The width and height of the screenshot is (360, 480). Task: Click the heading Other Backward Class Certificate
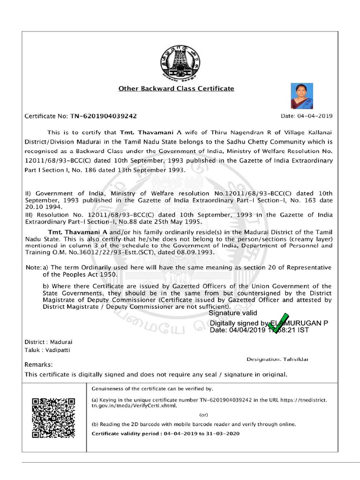176,88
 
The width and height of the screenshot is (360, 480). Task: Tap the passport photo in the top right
302,96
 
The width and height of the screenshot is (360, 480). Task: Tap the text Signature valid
233,313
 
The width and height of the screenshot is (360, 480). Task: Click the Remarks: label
38,364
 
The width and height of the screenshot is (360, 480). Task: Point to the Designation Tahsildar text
277,359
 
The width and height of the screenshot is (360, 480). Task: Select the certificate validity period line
165,434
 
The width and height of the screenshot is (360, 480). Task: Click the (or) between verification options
204,415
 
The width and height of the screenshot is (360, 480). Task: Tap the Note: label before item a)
33,267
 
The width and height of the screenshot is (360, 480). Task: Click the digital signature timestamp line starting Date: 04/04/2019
259,330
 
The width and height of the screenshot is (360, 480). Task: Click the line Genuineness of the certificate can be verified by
152,389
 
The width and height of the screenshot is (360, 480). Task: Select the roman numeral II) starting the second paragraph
29,193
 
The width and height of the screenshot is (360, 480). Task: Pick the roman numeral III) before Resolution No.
30,214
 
